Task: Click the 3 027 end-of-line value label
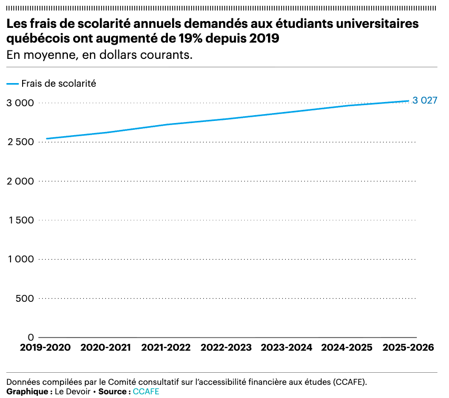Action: click(x=425, y=100)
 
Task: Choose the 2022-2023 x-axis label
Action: click(x=226, y=348)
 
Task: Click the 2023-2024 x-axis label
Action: click(x=286, y=348)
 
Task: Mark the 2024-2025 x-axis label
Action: click(x=346, y=348)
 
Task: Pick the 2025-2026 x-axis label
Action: click(x=408, y=348)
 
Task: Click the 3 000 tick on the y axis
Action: click(x=20, y=103)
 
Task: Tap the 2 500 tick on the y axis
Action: click(x=20, y=142)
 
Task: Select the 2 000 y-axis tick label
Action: click(x=20, y=181)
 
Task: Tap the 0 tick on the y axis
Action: click(x=31, y=337)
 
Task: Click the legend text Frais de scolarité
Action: click(x=58, y=83)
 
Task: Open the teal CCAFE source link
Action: click(x=146, y=392)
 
